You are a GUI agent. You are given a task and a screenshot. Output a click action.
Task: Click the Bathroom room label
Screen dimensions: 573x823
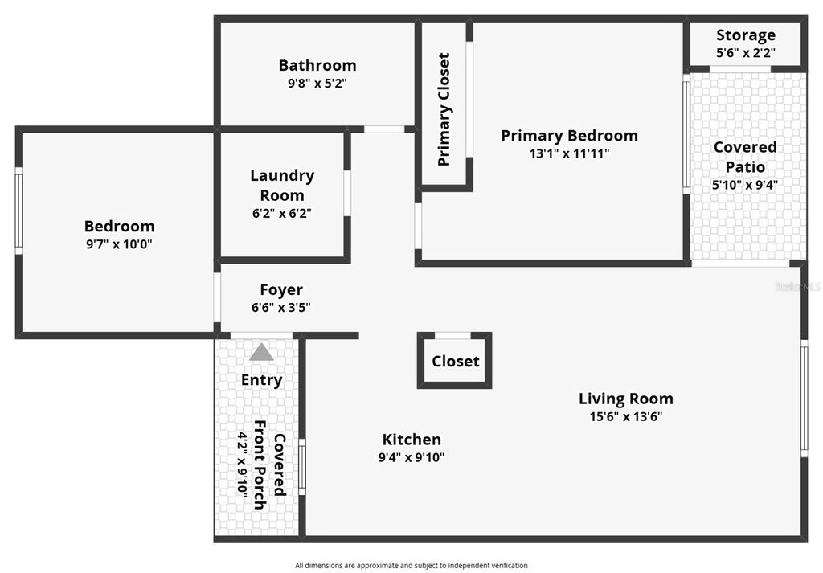(317, 65)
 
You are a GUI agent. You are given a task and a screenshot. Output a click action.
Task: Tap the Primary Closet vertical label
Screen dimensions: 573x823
(444, 109)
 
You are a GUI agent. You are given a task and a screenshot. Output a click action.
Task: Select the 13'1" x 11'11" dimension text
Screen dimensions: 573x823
(569, 153)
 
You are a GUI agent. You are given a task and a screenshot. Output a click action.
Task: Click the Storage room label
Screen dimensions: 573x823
(745, 35)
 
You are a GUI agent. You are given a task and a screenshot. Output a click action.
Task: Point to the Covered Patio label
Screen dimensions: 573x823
(745, 157)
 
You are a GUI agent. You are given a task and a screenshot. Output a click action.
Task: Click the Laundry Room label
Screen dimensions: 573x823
(281, 185)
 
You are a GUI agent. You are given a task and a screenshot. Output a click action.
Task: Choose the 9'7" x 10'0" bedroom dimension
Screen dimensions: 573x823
(119, 244)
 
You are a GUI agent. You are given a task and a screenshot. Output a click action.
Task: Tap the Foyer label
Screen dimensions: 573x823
(280, 289)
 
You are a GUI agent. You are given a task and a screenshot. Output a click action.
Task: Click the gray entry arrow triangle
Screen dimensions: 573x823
(261, 352)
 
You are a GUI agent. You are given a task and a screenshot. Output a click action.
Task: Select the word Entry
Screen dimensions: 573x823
(261, 380)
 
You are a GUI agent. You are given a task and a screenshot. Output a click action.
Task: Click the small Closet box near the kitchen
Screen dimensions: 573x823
(455, 362)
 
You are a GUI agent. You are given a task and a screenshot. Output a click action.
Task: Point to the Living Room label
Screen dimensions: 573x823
(625, 399)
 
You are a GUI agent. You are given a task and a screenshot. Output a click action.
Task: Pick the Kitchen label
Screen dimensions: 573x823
(411, 440)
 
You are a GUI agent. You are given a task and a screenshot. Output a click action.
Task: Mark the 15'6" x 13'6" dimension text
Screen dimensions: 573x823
(625, 416)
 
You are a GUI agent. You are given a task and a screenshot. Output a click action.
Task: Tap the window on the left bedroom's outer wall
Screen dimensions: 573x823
(18, 211)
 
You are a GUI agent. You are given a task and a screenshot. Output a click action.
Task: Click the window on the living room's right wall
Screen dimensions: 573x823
(803, 398)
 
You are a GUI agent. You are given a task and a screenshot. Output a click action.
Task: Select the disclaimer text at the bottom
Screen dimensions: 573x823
(411, 566)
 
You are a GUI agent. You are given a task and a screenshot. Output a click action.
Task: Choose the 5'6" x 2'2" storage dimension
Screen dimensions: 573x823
(745, 53)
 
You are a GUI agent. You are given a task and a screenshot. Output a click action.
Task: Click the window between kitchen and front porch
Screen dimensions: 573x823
(302, 465)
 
